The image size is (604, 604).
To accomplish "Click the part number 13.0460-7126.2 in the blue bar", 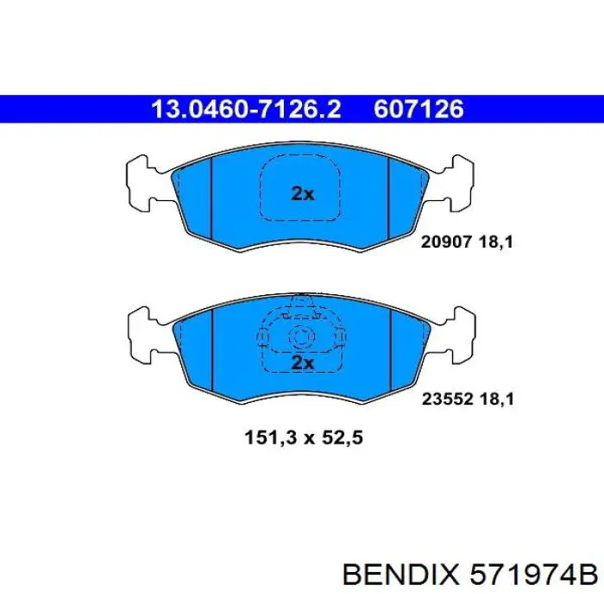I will point(246,108).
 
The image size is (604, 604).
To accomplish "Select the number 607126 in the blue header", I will point(418,108).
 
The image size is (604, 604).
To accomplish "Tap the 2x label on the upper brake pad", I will point(302,193).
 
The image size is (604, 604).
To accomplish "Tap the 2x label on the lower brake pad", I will point(302,362).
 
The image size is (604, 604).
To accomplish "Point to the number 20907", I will point(445,243).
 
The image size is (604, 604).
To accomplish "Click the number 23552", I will point(445,400).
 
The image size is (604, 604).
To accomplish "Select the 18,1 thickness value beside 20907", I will point(498,243).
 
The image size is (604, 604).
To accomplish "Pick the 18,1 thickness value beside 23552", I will point(498,400).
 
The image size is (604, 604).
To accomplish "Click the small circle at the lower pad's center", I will point(301,337).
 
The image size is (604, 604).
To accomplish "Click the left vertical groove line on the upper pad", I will point(211,194).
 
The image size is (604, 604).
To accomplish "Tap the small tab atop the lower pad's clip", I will point(301,301).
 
